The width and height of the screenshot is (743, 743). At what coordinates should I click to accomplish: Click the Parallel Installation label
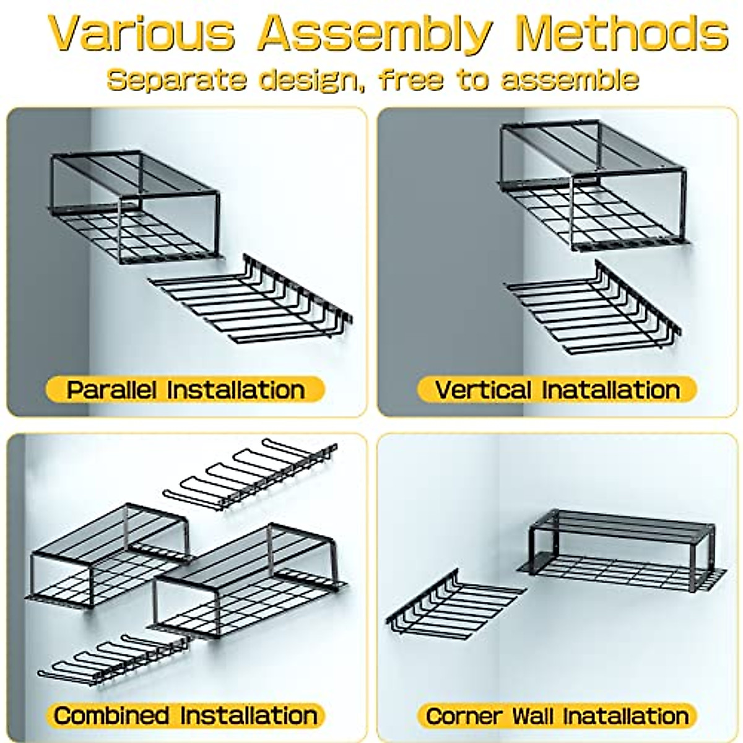[x=185, y=390]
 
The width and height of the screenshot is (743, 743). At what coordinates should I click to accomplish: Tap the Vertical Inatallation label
[x=557, y=390]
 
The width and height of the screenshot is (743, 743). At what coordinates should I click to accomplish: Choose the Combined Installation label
[x=185, y=715]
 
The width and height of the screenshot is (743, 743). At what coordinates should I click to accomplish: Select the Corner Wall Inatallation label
[x=557, y=716]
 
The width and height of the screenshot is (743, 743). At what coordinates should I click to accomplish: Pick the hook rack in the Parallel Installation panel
[x=254, y=300]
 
